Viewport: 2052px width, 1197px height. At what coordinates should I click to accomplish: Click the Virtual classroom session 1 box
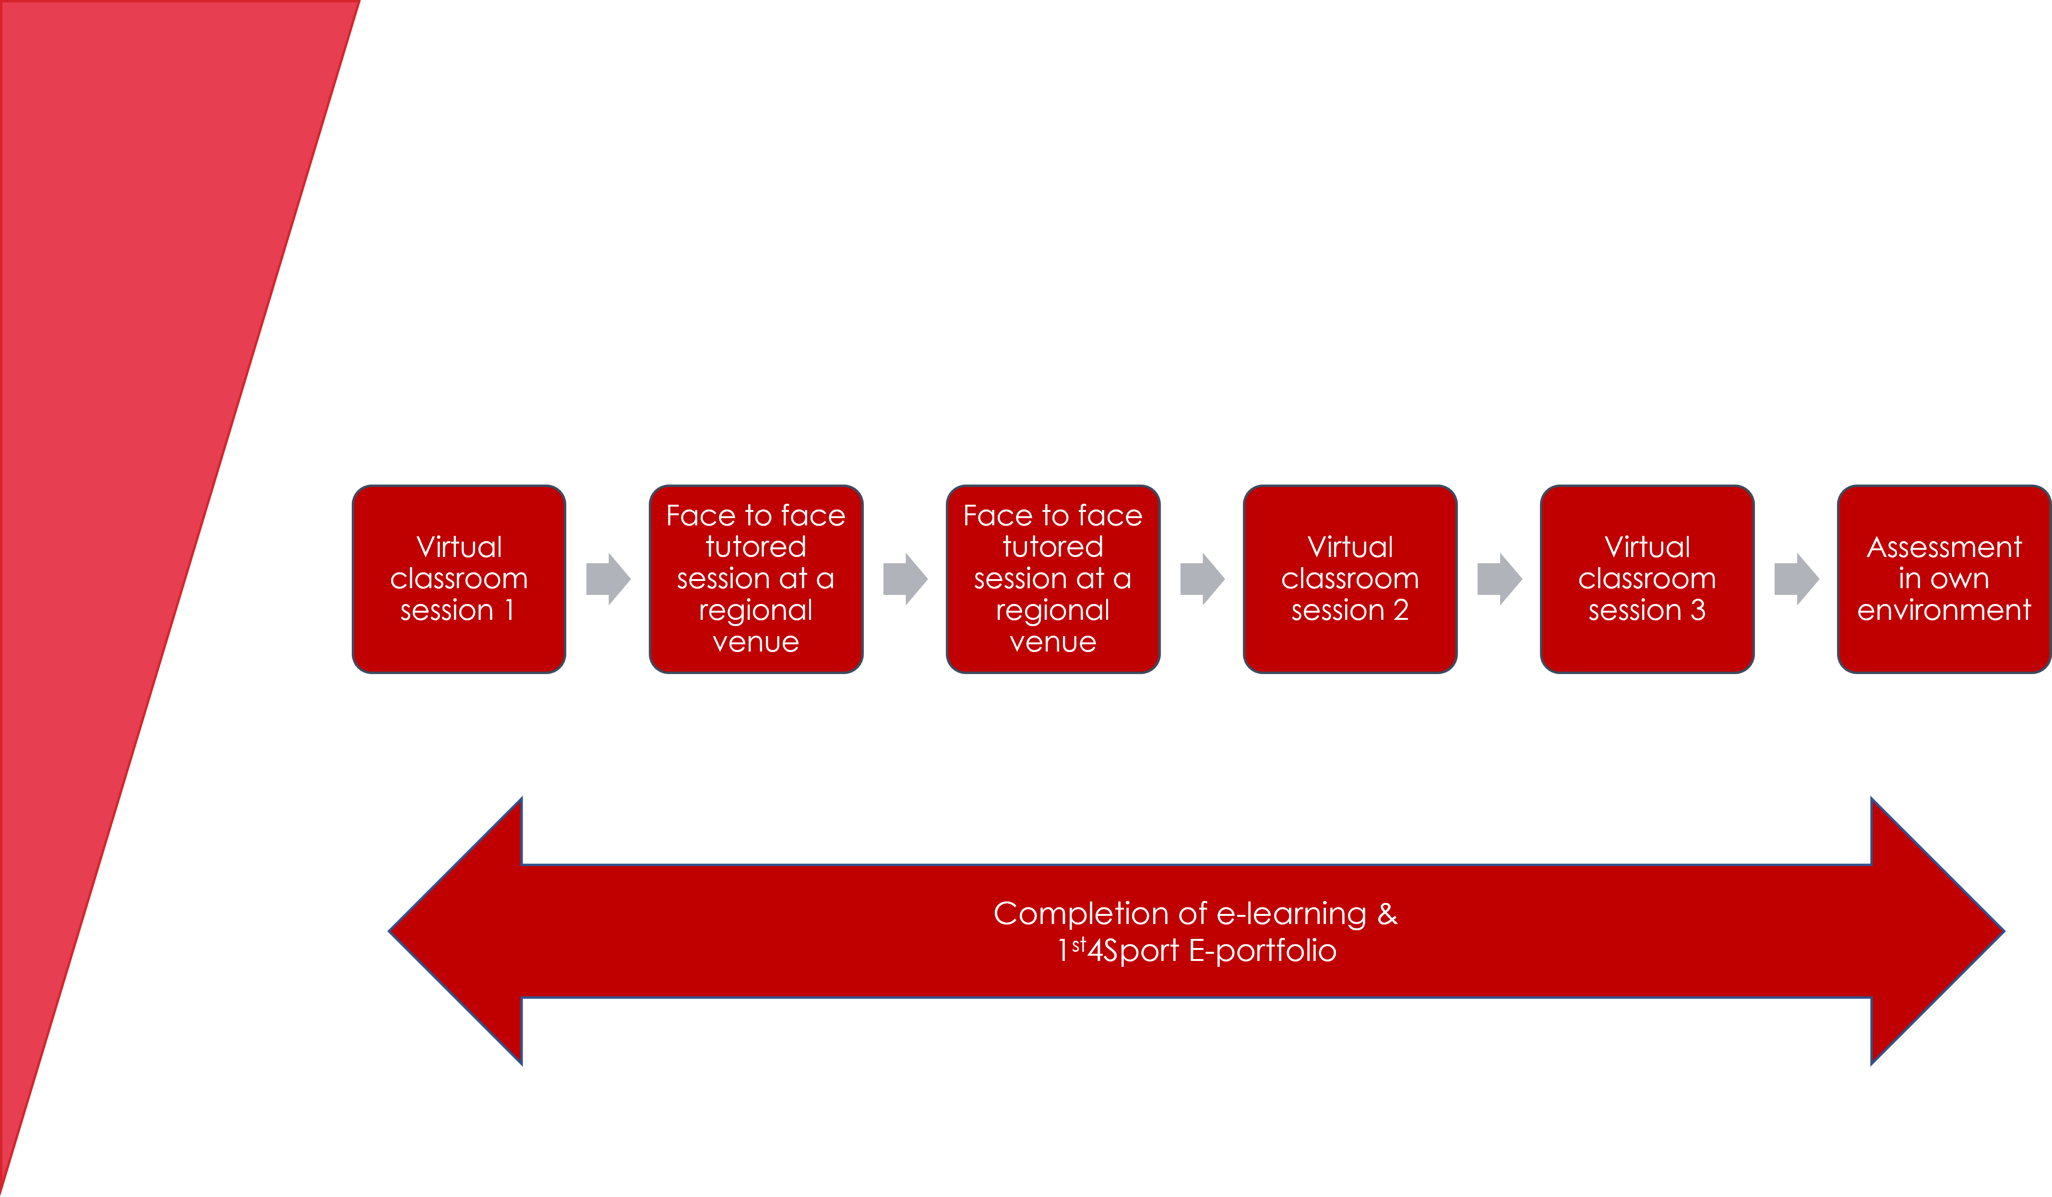(458, 579)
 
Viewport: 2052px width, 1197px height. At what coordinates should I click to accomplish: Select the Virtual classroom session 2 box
(1349, 579)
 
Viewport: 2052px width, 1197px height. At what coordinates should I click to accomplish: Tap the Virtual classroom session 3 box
(1646, 579)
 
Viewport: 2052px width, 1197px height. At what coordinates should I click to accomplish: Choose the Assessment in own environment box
(1943, 579)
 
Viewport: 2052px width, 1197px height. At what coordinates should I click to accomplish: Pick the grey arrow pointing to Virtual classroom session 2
(1203, 579)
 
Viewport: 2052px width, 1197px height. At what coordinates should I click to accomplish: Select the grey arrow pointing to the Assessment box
(1796, 579)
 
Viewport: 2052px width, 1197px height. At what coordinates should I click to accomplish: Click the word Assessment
(1944, 547)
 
